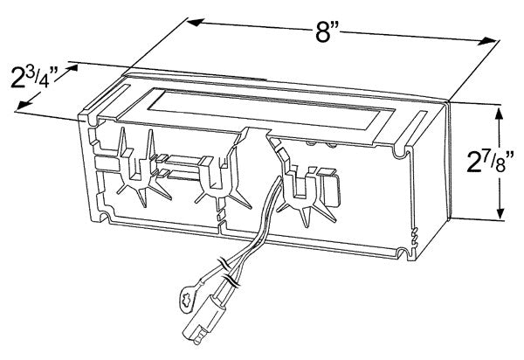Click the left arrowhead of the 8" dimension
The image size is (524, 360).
tap(196, 23)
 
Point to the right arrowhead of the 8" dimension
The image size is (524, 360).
tap(488, 41)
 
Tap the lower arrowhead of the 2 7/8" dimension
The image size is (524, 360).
tap(500, 211)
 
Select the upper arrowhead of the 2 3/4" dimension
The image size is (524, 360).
tap(71, 68)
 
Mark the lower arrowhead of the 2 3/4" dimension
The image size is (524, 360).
tap(23, 105)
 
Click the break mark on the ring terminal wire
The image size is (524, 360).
tap(223, 262)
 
